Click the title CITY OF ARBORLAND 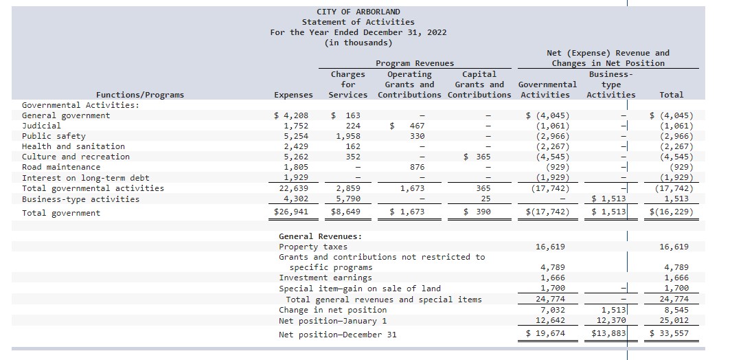pyautogui.click(x=358, y=12)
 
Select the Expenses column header pyautogui.click(x=293, y=95)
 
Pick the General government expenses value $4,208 pyautogui.click(x=292, y=115)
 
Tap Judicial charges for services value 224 pyautogui.click(x=352, y=126)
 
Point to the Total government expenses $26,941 pyautogui.click(x=291, y=212)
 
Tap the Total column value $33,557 pyautogui.click(x=671, y=334)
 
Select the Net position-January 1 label pyautogui.click(x=332, y=321)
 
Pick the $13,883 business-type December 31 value pyautogui.click(x=608, y=334)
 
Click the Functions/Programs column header pyautogui.click(x=140, y=95)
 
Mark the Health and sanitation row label pyautogui.click(x=73, y=146)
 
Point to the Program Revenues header pyautogui.click(x=415, y=63)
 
